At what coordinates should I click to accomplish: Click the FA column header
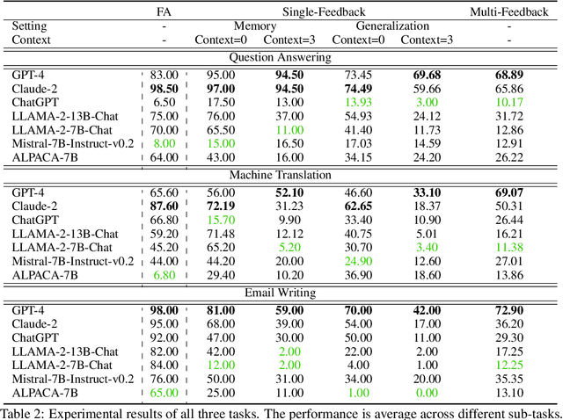click(164, 11)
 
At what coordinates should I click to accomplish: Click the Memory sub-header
click(254, 26)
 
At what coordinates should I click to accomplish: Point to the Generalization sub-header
click(393, 26)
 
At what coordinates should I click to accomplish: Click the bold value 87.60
click(164, 206)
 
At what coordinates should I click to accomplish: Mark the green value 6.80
click(164, 274)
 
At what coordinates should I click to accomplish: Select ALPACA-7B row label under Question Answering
click(45, 157)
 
